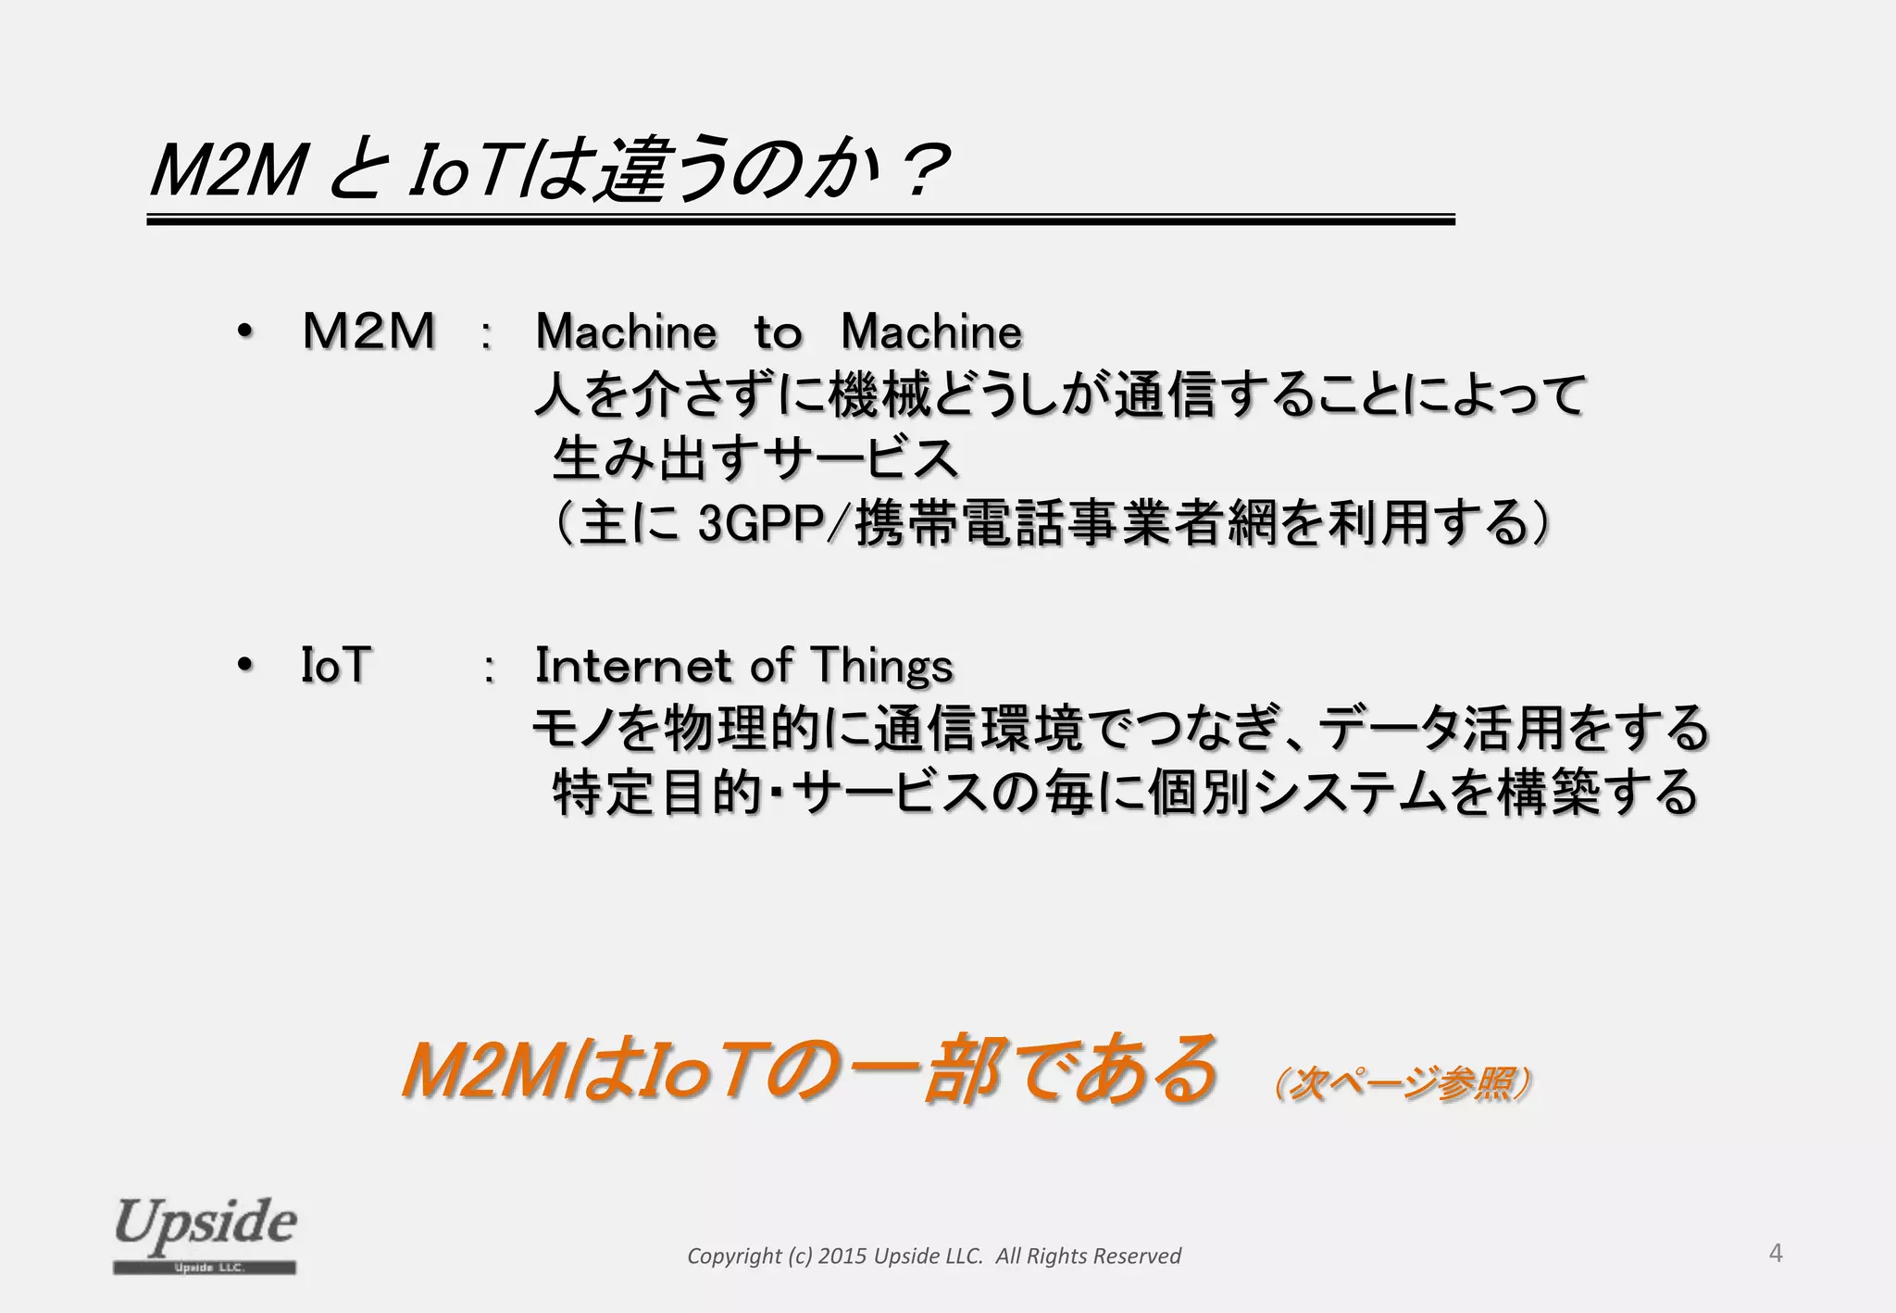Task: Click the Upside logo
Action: pyautogui.click(x=205, y=1235)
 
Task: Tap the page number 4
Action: pyautogui.click(x=1775, y=1253)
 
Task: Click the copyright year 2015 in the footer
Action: pyautogui.click(x=842, y=1256)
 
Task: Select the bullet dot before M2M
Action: pyautogui.click(x=243, y=331)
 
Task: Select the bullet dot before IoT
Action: pyautogui.click(x=243, y=665)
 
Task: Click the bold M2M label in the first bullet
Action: pyautogui.click(x=368, y=331)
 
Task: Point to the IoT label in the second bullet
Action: pyautogui.click(x=335, y=665)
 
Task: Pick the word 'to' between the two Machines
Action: pyautogui.click(x=777, y=331)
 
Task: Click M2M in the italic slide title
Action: pyautogui.click(x=228, y=171)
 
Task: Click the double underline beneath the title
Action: pyautogui.click(x=801, y=220)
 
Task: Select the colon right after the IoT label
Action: pyautogui.click(x=489, y=667)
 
